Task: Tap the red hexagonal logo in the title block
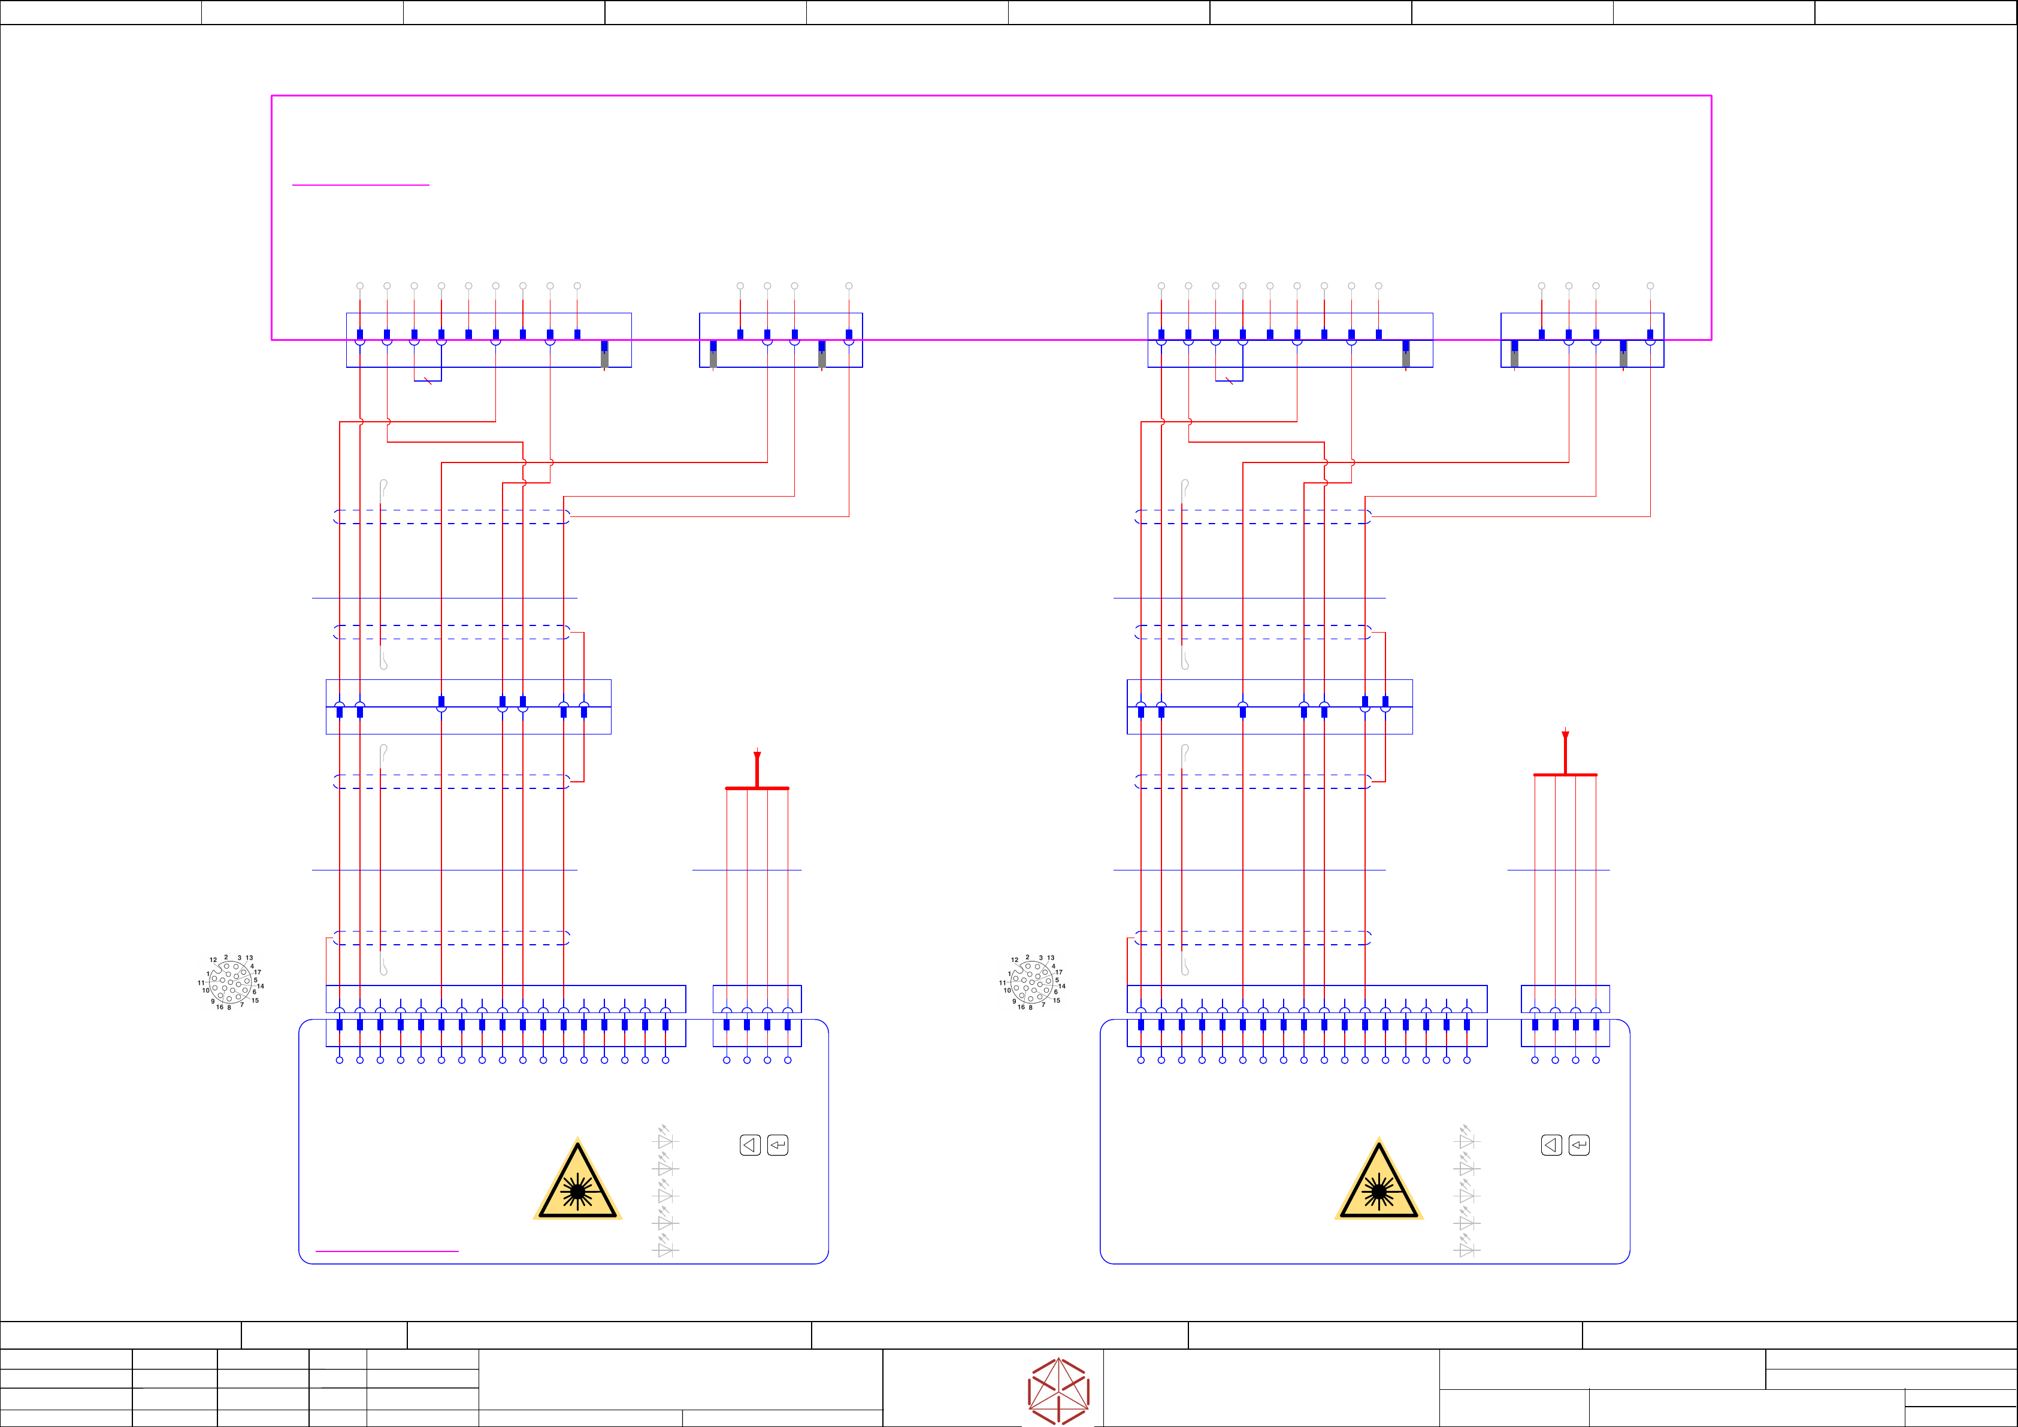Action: click(x=1058, y=1391)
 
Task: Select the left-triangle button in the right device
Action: click(x=1551, y=1145)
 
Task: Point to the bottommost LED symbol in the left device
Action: click(x=665, y=1248)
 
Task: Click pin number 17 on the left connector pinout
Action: click(x=258, y=972)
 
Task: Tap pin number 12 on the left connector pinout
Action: click(x=213, y=960)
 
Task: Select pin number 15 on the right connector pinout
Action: click(x=1057, y=1000)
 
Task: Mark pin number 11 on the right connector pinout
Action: click(x=1002, y=983)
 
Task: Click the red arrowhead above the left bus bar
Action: click(x=757, y=756)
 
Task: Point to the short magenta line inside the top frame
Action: click(x=361, y=185)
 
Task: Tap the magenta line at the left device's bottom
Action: click(x=387, y=1250)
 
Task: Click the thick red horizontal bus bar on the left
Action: click(x=757, y=788)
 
